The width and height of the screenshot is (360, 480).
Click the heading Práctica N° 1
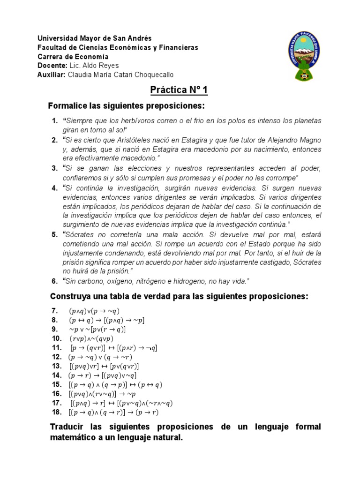(180, 90)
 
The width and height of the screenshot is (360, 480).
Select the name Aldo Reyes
(102, 65)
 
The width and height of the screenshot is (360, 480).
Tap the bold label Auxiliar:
(52, 74)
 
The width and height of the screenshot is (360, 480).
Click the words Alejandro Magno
(295, 140)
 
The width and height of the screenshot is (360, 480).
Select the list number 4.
(54, 187)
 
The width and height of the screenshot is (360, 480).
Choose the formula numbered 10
(91, 338)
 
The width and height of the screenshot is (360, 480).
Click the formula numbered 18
(113, 412)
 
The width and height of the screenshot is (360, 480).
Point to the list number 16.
(56, 394)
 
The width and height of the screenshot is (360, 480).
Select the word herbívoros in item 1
(134, 121)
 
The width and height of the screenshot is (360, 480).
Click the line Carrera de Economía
(69, 56)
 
